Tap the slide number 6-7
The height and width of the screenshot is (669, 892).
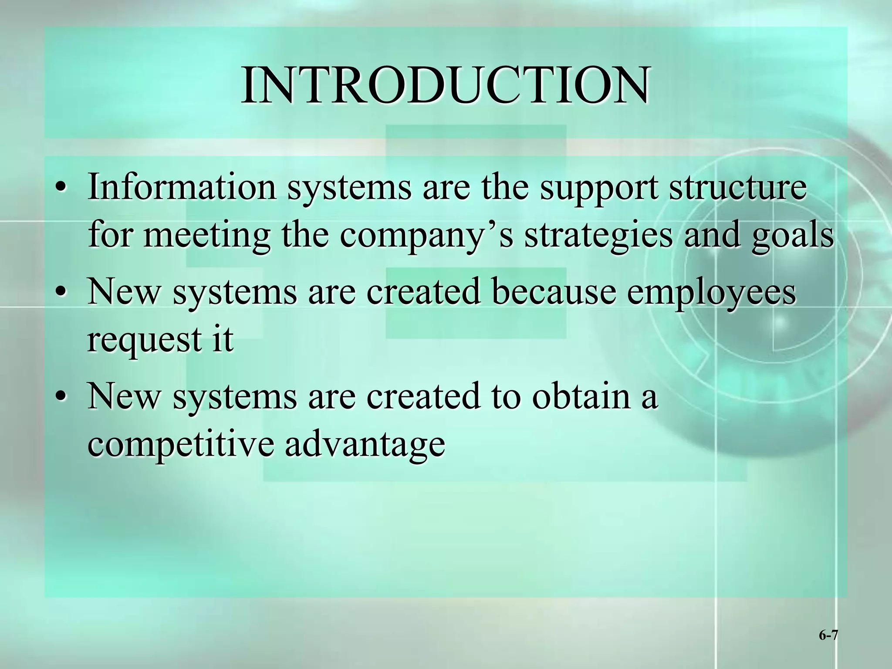(828, 635)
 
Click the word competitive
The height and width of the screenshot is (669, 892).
(180, 444)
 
